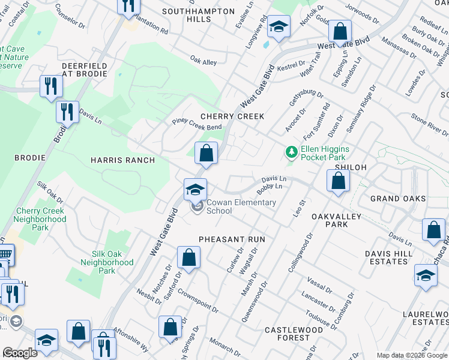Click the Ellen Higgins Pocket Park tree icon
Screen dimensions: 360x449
click(292, 152)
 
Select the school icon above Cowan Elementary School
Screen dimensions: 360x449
click(195, 190)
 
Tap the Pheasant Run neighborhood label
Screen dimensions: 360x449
click(232, 239)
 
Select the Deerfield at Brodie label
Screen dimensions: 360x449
click(84, 70)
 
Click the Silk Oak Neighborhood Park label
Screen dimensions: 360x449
click(107, 262)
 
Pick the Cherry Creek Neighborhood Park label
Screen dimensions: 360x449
click(41, 219)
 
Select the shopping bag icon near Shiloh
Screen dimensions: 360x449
click(339, 181)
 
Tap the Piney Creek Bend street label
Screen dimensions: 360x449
click(197, 127)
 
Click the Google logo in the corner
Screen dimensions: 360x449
click(20, 353)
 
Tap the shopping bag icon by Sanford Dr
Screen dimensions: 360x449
click(188, 258)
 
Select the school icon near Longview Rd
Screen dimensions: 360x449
click(279, 27)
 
